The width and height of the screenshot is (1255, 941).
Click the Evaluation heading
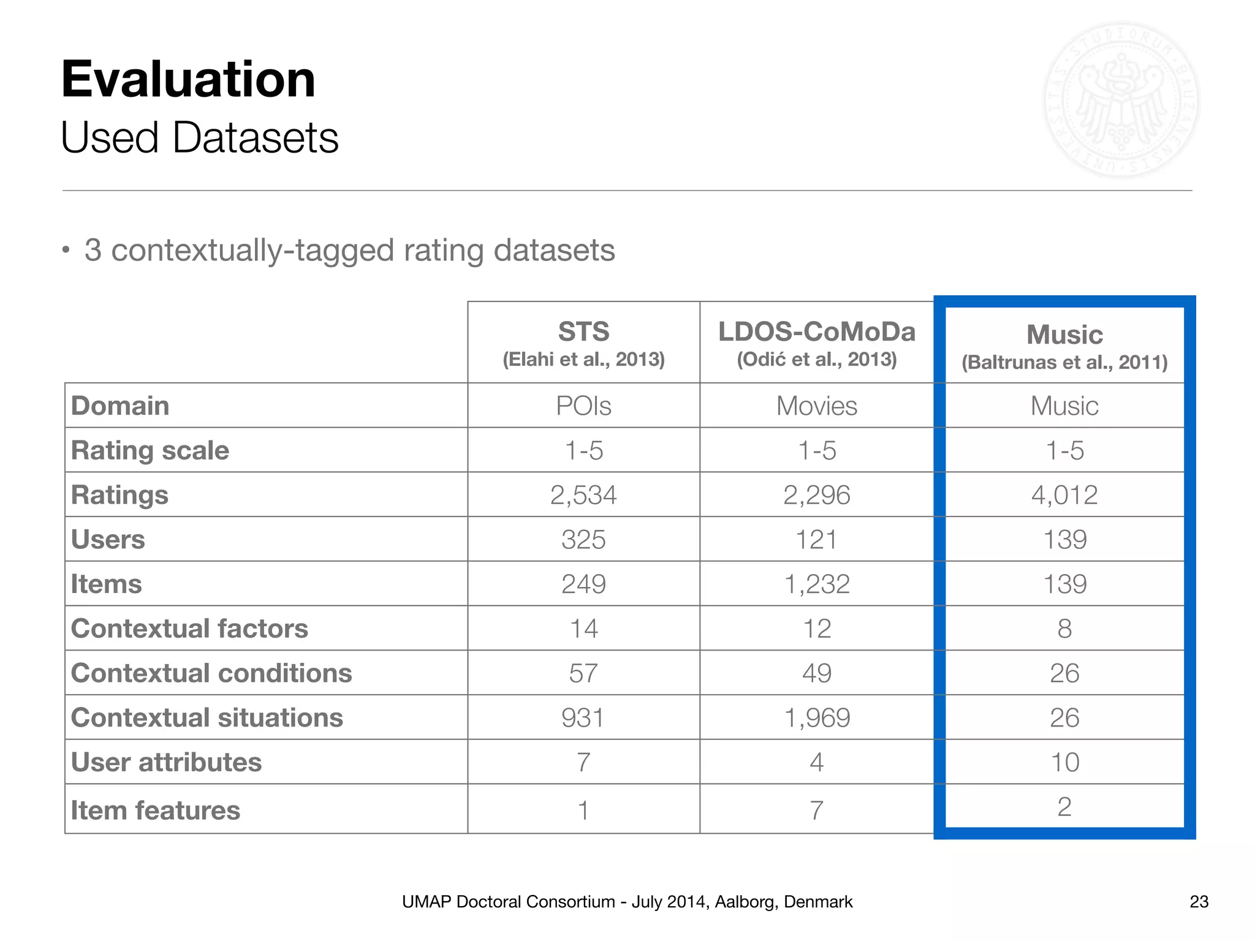188,80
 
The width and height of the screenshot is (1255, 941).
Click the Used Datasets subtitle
199,138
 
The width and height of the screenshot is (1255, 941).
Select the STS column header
583,332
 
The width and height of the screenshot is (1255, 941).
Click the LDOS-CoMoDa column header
816,332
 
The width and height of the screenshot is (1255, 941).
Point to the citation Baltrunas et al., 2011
1064,363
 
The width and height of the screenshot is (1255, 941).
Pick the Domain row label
120,406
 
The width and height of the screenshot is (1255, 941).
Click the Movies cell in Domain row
816,406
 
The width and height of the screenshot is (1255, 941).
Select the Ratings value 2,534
583,495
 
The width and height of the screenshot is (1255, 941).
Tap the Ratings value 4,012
1064,495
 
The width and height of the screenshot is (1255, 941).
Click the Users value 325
583,540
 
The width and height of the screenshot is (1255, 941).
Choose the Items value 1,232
816,584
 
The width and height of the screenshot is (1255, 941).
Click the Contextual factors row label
189,629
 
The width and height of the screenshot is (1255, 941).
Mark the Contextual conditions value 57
583,673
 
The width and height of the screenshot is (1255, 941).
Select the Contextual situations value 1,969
816,718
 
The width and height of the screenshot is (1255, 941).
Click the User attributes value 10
1064,763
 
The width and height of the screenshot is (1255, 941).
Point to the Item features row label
155,811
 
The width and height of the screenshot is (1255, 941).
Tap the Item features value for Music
1064,807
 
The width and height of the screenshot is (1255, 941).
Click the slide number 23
1199,902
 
